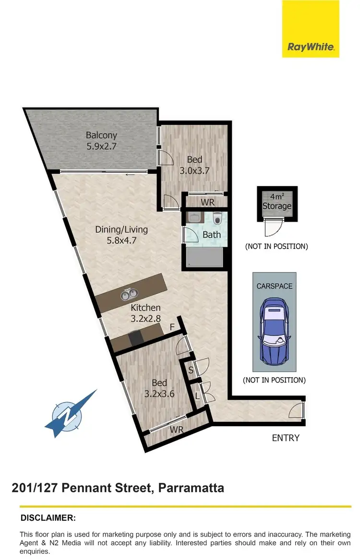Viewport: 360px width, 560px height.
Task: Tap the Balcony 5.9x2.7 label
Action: [101, 141]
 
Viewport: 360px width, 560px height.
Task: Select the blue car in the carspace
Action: [275, 331]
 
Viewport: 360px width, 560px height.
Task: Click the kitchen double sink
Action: [129, 294]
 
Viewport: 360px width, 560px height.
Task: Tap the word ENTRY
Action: [286, 438]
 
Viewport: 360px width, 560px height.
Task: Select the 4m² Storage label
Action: [277, 202]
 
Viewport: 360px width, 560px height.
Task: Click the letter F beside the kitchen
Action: [172, 328]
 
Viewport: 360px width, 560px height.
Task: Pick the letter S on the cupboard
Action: [191, 370]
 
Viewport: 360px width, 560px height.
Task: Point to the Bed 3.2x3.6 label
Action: [159, 388]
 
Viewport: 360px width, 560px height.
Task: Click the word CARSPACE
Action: [275, 286]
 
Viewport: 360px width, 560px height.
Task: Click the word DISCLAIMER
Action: [48, 518]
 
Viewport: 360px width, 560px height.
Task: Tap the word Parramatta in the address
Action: [189, 489]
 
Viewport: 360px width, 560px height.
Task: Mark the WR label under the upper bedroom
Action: [207, 202]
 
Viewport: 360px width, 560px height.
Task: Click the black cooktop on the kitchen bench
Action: [135, 338]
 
